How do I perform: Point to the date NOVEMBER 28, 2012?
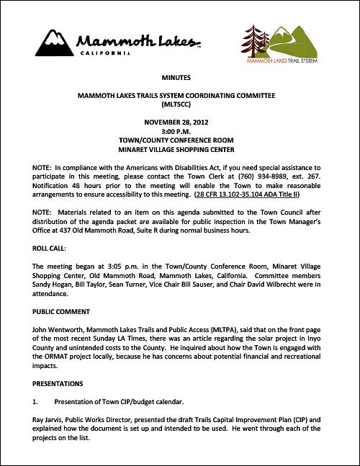pyautogui.click(x=179, y=122)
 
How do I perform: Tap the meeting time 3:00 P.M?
pyautogui.click(x=179, y=132)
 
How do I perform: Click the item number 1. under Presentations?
pyautogui.click(x=35, y=400)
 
